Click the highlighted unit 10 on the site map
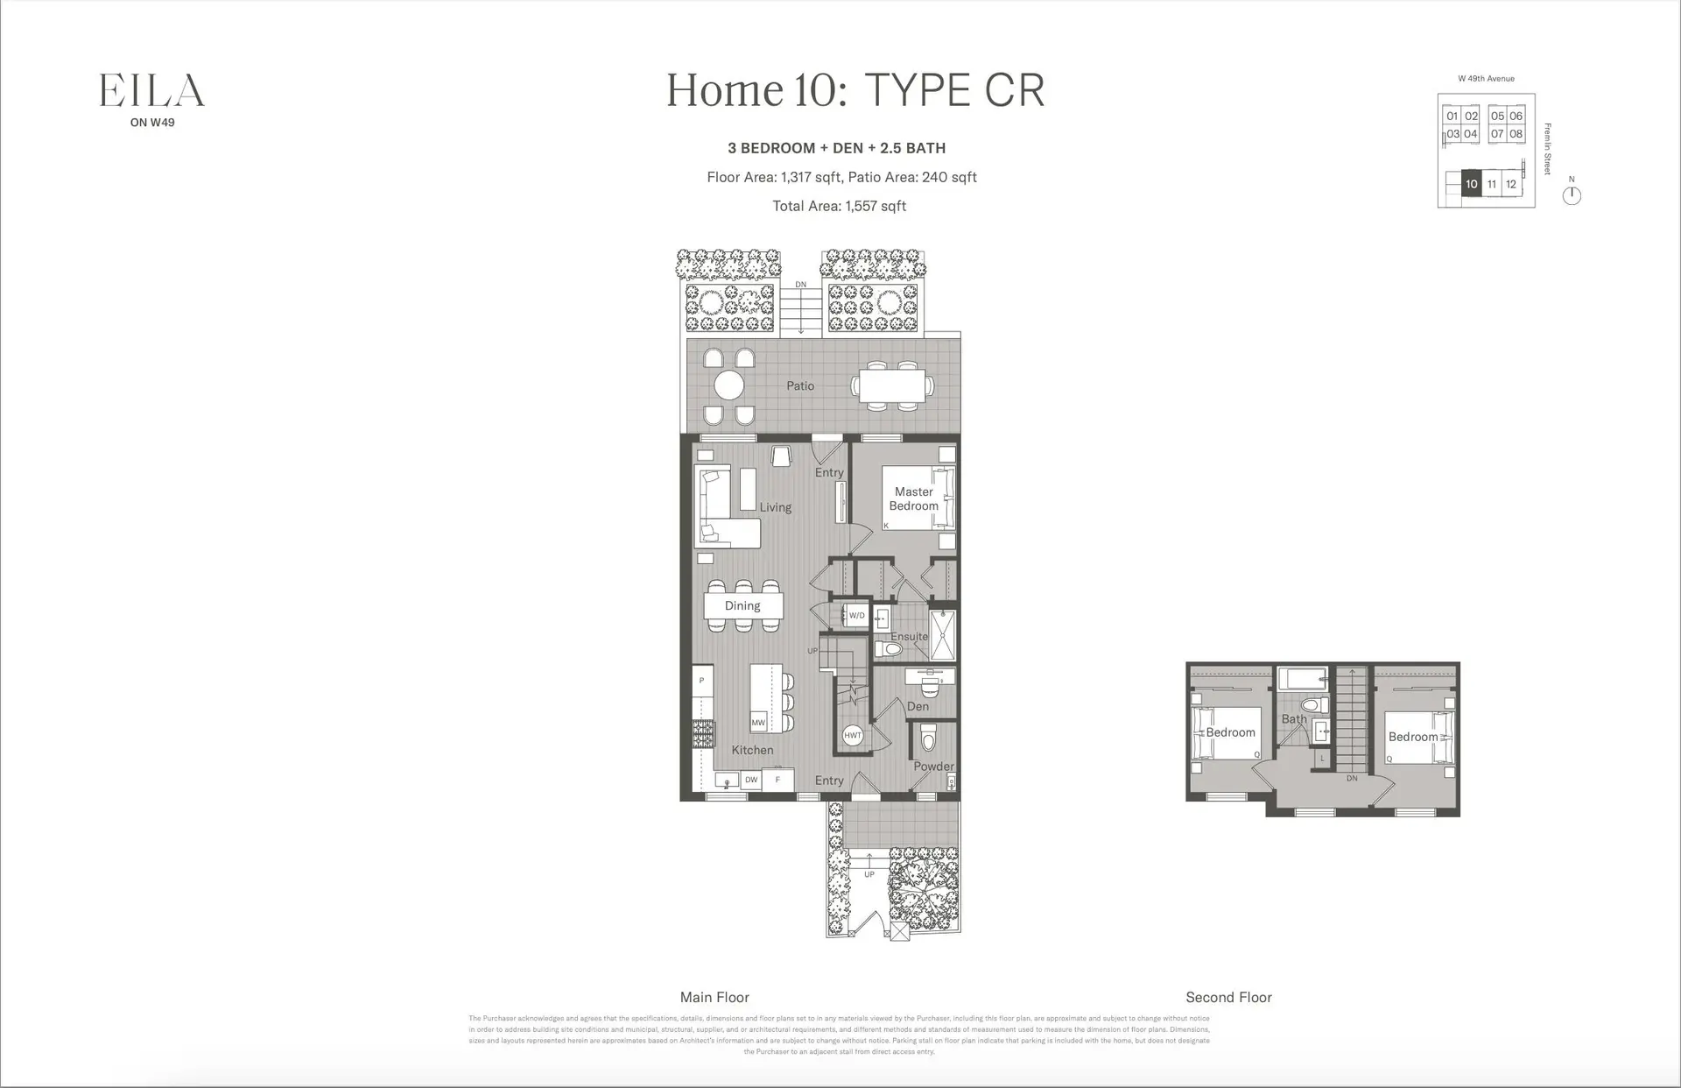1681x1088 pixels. click(1471, 184)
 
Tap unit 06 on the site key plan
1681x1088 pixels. click(1516, 116)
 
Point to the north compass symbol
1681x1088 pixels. click(1572, 195)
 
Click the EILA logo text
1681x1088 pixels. click(151, 91)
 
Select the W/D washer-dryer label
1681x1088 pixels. click(856, 616)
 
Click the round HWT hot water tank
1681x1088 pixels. click(853, 736)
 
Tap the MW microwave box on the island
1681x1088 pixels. click(758, 723)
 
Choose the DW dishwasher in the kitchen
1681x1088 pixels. click(750, 780)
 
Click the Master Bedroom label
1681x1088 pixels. click(913, 498)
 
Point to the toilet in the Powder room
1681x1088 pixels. click(928, 739)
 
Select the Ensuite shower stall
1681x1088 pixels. click(942, 635)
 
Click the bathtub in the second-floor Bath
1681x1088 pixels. click(1302, 679)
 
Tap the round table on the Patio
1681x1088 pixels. click(728, 385)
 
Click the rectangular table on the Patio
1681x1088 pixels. click(892, 386)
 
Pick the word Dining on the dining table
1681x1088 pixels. click(742, 606)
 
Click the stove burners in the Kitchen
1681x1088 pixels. click(703, 733)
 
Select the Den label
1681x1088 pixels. click(918, 706)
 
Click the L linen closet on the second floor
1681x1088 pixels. click(1322, 759)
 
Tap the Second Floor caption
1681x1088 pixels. click(1228, 997)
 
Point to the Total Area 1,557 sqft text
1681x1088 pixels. click(839, 206)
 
